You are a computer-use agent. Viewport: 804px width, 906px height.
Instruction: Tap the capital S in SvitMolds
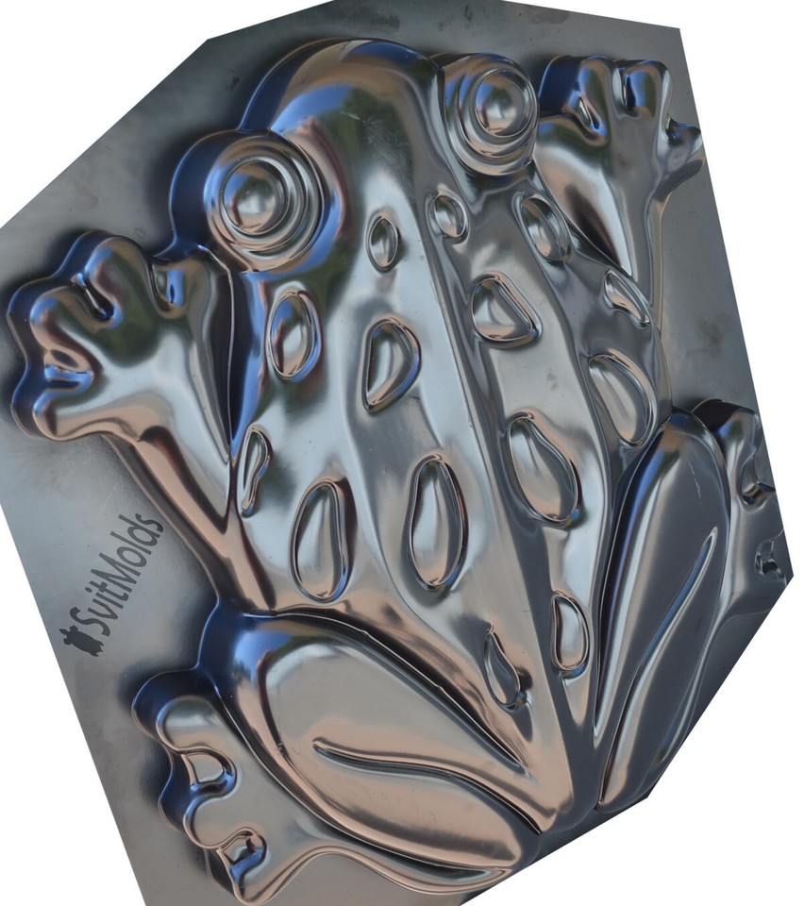click(98, 619)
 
